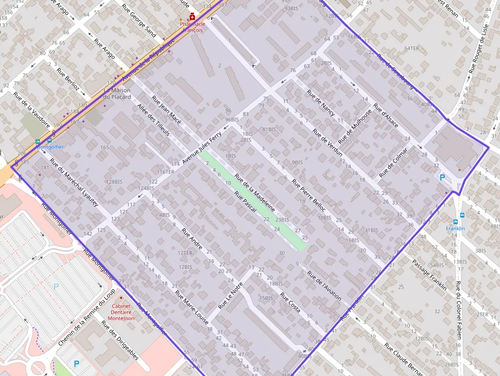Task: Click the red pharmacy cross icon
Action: [192, 17]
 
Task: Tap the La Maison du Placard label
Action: [117, 93]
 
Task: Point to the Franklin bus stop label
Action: [456, 229]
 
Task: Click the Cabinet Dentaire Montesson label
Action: [121, 312]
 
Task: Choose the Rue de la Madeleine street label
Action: [255, 193]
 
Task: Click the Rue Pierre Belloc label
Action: [309, 196]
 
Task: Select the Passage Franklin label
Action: [430, 274]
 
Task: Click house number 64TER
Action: [411, 48]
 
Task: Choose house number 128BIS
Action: [114, 182]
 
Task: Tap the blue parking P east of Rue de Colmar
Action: [442, 178]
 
